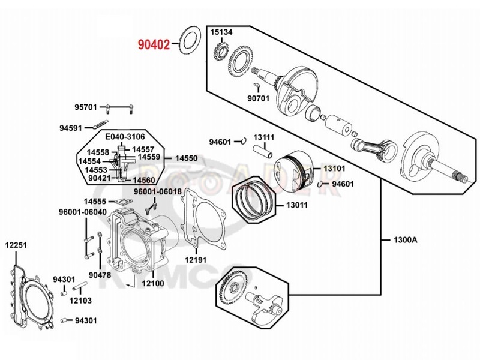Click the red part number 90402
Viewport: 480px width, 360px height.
point(154,44)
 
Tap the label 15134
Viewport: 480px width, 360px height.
point(221,32)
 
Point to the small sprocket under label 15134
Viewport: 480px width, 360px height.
point(220,53)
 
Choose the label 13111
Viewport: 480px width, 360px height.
point(263,137)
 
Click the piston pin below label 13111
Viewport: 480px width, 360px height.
point(262,151)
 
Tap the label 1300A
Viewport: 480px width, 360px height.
point(406,239)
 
